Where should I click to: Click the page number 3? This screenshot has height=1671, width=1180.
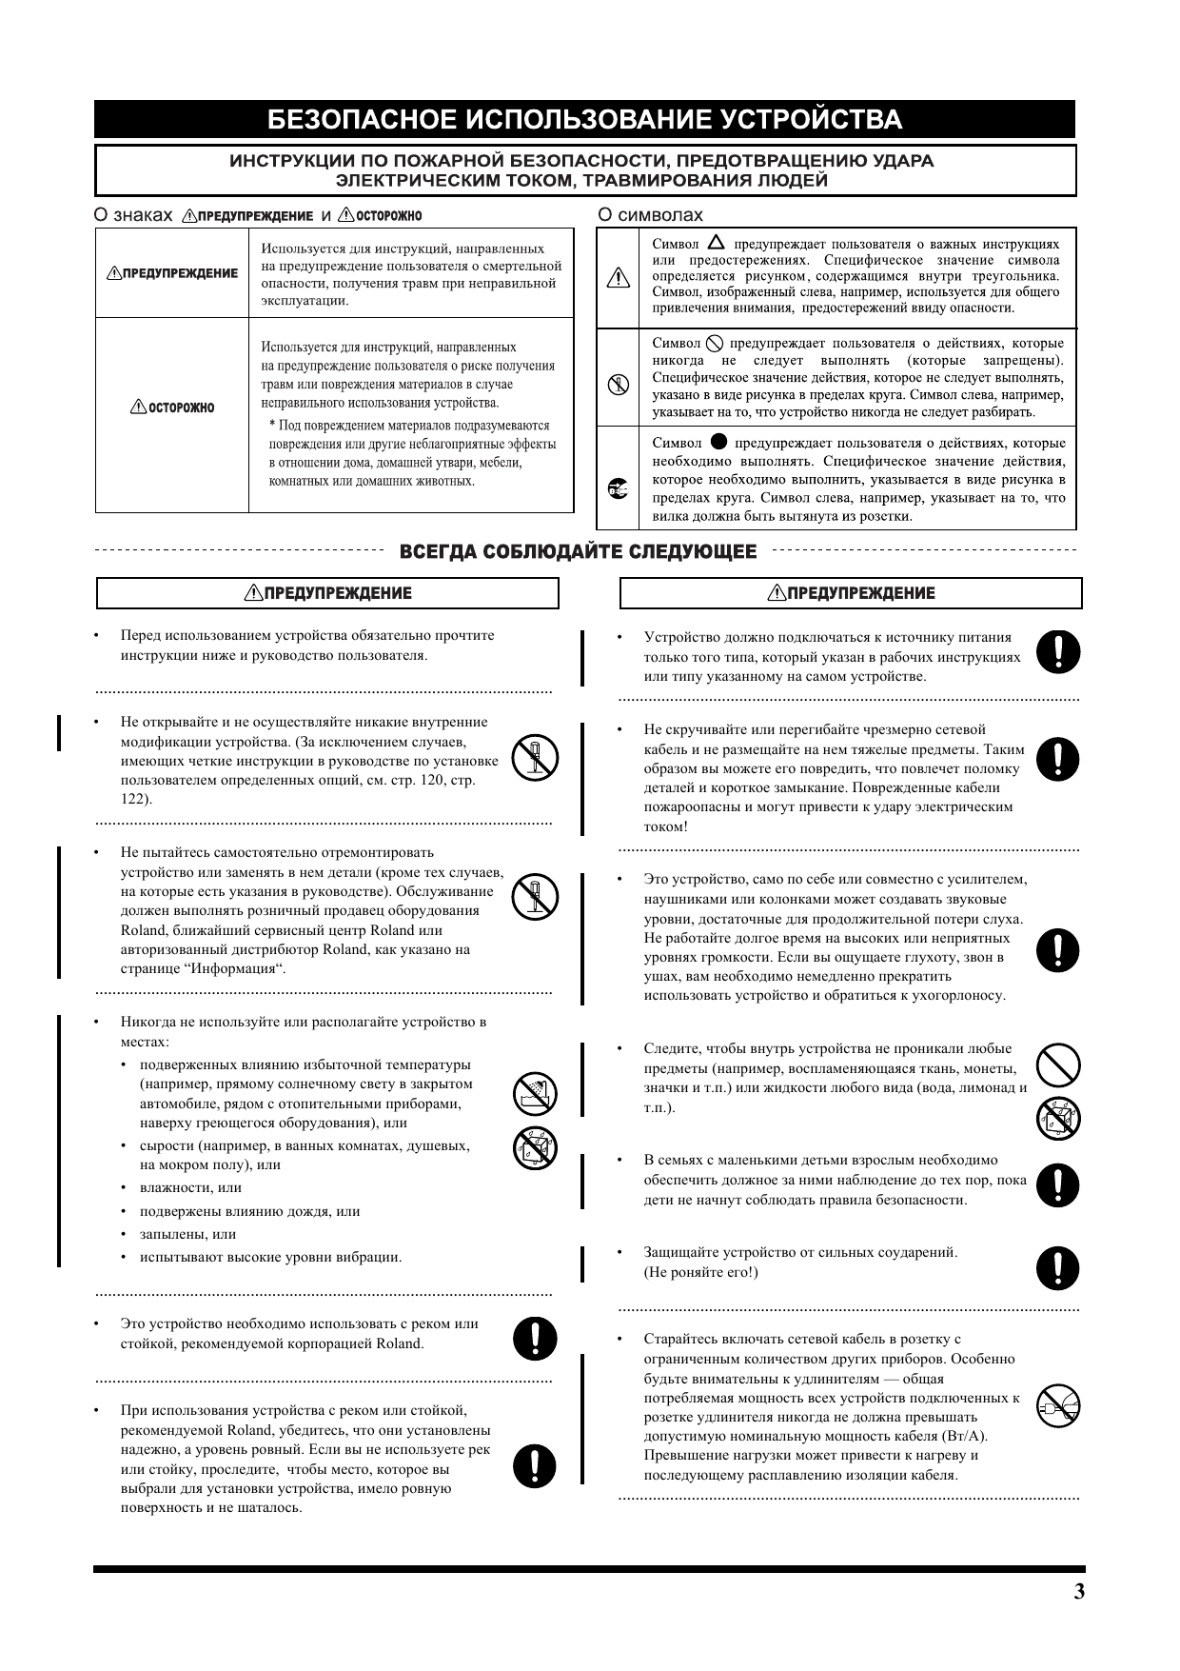[1078, 1592]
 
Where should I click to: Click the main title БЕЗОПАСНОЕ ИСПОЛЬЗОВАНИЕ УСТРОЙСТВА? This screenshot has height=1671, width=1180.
[584, 120]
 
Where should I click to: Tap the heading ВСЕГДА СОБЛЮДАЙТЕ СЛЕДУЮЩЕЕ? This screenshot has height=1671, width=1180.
[579, 552]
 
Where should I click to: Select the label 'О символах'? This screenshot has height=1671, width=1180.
[650, 215]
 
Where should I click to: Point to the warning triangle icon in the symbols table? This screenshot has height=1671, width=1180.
[618, 278]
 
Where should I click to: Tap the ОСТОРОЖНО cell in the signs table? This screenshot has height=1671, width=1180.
[172, 408]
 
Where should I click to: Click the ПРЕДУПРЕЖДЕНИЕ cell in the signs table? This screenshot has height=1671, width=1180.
[172, 273]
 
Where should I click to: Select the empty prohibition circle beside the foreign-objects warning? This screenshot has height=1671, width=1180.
[1058, 1064]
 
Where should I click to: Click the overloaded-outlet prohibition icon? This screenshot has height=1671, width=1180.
[1058, 1405]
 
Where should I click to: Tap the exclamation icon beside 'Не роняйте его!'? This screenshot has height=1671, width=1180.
[1058, 1268]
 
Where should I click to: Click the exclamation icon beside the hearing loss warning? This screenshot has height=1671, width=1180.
[1058, 949]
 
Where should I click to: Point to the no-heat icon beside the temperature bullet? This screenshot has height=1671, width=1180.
[535, 1093]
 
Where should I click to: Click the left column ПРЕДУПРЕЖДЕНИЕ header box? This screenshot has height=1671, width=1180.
[327, 593]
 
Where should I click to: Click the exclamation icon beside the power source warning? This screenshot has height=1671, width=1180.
[1058, 651]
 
